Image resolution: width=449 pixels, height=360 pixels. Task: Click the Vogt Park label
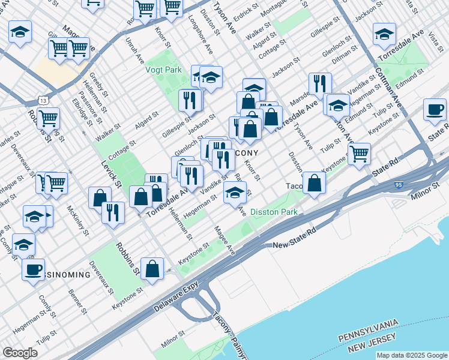pos(163,70)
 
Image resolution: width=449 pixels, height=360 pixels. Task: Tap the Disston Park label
pos(274,212)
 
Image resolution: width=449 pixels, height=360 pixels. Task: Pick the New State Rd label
pos(294,239)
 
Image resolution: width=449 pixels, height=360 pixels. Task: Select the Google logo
pos(20,353)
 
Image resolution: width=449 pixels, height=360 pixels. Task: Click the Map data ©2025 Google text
pos(412,355)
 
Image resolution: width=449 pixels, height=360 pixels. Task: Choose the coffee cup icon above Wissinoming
pos(34,268)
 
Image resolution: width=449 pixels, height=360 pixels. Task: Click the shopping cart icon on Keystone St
pos(359,152)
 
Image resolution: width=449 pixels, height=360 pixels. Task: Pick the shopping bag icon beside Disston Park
pos(314,182)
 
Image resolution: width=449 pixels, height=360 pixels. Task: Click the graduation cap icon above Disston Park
pos(235,192)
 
